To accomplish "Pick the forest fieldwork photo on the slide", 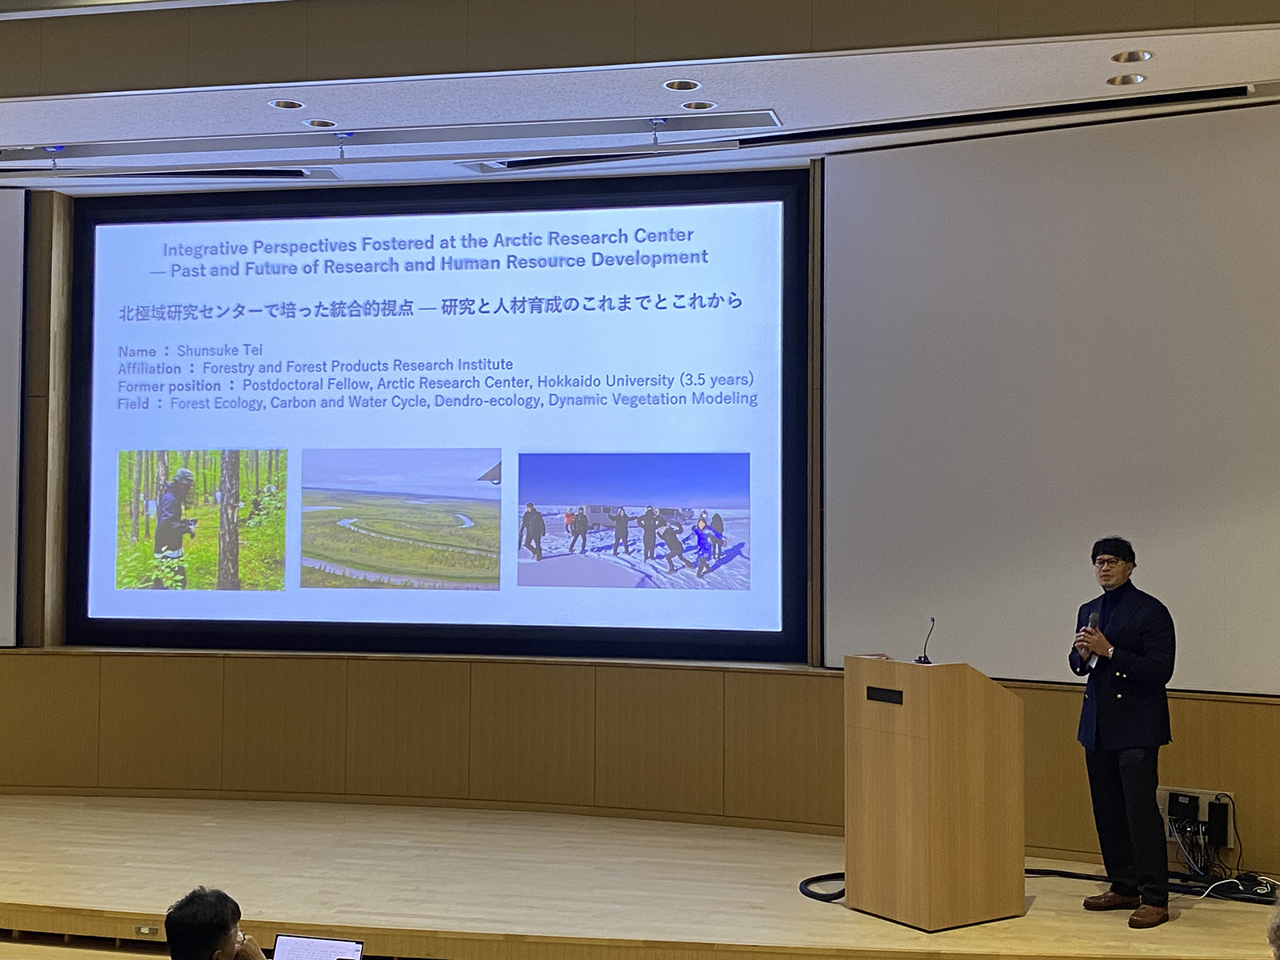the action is point(201,519).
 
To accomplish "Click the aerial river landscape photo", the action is point(401,518).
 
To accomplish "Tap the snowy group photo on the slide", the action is point(634,521).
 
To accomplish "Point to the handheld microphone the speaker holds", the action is point(1092,624).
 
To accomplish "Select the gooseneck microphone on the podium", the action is point(926,641).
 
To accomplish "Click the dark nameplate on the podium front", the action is point(884,695).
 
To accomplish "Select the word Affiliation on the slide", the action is point(150,369).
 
